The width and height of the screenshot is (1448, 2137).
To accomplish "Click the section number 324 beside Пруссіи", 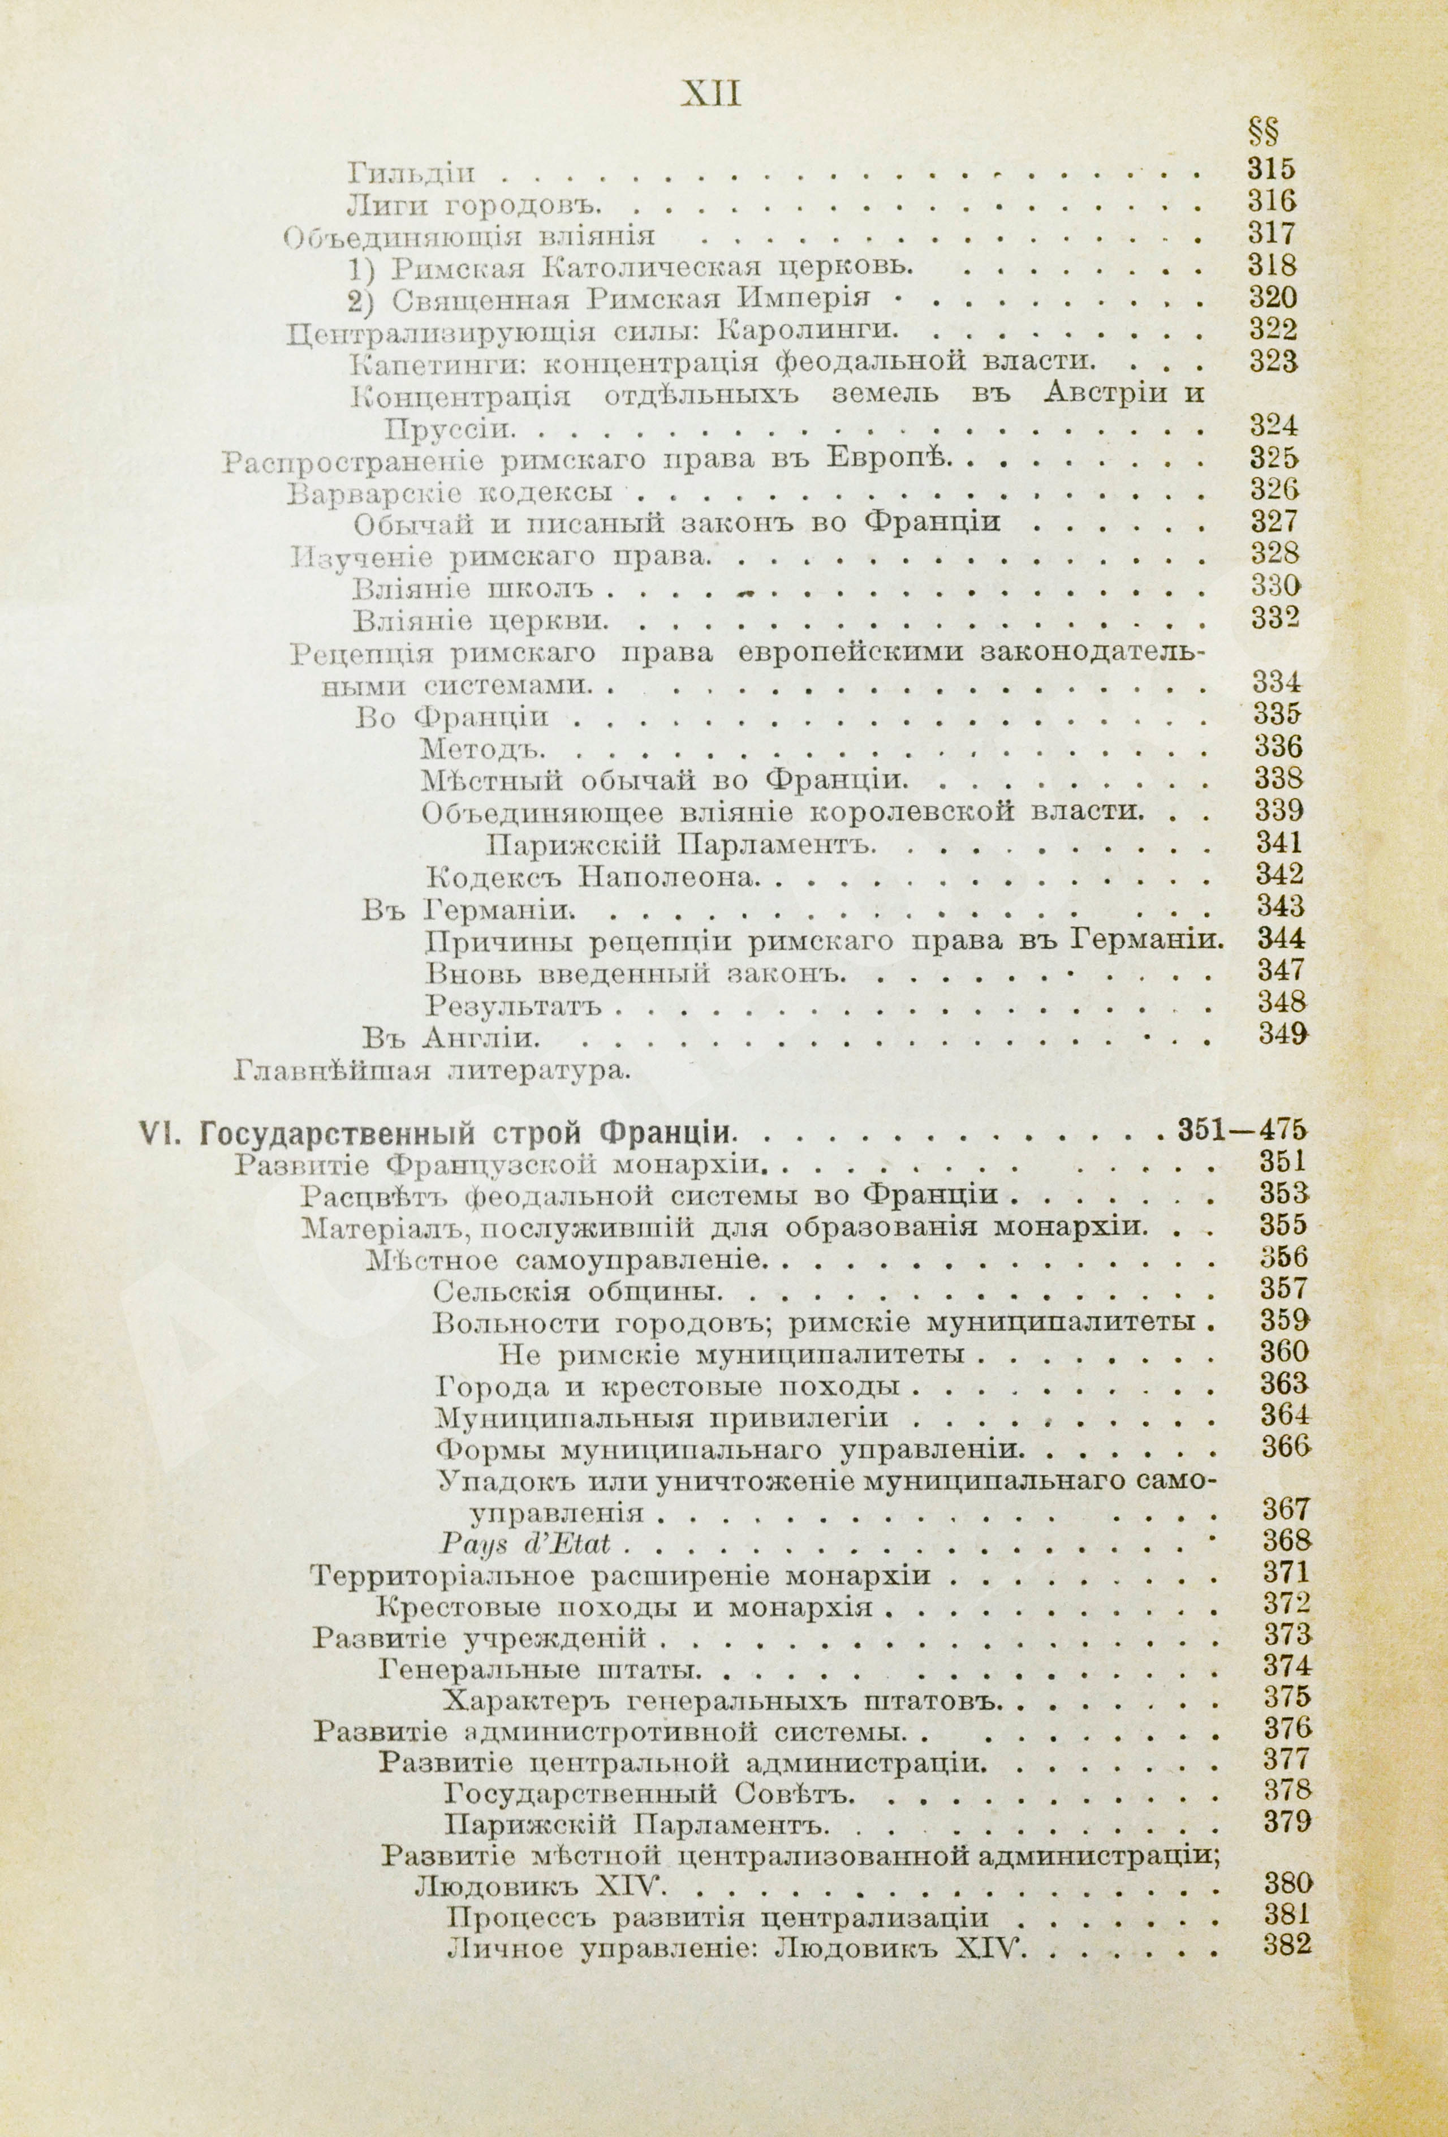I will (1273, 425).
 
